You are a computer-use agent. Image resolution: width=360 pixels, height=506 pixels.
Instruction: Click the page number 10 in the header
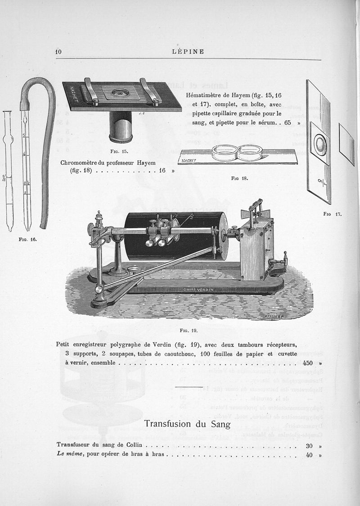point(58,51)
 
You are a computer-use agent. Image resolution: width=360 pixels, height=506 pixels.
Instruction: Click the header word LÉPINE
point(188,51)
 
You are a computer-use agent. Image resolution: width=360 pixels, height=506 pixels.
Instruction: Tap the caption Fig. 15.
point(120,151)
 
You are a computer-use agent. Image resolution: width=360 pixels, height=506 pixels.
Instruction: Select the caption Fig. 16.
point(28,239)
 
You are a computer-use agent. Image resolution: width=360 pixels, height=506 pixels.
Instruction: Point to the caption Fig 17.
point(333,214)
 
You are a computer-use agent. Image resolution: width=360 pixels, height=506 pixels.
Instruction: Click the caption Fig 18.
point(239,178)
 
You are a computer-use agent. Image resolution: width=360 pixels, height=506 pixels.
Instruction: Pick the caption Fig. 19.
point(189,330)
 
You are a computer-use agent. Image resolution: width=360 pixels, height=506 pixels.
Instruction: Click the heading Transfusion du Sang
point(187,424)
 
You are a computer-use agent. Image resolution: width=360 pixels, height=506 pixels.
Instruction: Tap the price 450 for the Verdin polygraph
point(308,363)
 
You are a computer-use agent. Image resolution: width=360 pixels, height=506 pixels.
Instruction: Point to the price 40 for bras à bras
point(309,455)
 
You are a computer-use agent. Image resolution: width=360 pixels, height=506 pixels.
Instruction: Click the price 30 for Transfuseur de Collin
point(309,446)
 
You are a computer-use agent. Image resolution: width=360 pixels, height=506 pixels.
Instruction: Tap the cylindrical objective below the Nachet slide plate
point(121,127)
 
